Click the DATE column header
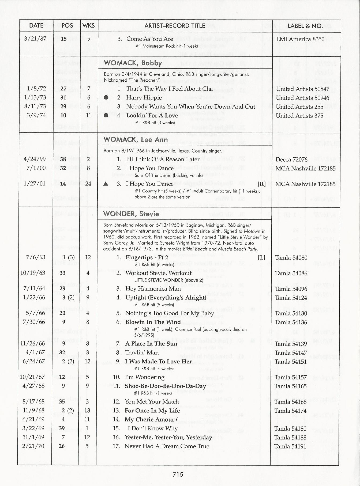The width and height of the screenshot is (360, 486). [36, 26]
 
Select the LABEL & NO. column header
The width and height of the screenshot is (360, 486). [305, 26]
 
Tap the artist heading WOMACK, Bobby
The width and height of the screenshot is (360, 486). [133, 63]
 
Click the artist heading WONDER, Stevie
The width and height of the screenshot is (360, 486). [131, 214]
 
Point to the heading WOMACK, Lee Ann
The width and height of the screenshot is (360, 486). [136, 139]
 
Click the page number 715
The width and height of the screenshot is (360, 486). [178, 474]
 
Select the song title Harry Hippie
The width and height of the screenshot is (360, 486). [144, 98]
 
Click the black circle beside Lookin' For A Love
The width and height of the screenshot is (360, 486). [106, 115]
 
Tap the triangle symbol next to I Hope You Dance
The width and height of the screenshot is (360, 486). [106, 184]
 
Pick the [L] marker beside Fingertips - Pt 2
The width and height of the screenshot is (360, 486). [261, 257]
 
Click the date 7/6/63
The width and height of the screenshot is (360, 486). [36, 257]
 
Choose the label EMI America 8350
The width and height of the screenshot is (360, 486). [300, 39]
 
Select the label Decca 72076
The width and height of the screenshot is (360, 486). [291, 160]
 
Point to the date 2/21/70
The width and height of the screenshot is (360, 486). [33, 446]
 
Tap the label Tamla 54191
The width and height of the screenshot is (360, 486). [290, 446]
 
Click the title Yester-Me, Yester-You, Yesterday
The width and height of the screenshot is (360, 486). [168, 437]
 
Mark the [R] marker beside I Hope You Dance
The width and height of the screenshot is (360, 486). [261, 184]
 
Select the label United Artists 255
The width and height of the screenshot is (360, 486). [299, 107]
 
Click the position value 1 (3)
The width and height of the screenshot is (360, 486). [68, 257]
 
